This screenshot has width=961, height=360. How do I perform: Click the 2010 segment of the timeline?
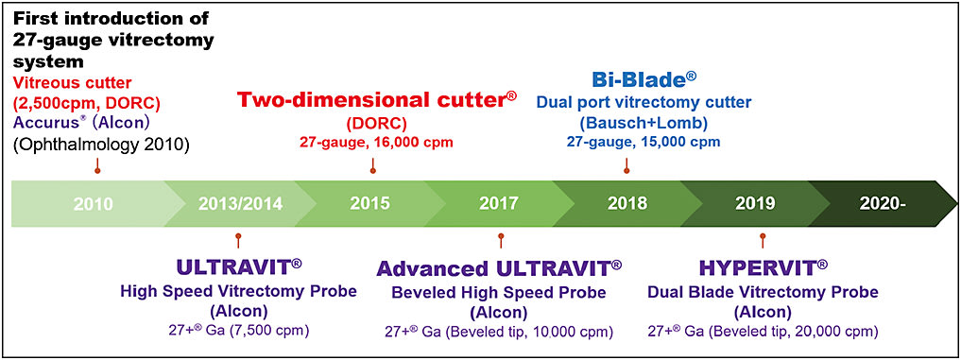tap(93, 203)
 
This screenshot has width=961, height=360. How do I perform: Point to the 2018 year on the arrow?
tap(626, 203)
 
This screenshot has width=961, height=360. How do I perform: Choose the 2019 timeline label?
tap(756, 203)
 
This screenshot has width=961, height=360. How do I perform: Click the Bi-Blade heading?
tap(624, 77)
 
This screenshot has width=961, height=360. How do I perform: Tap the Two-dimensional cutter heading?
tap(376, 100)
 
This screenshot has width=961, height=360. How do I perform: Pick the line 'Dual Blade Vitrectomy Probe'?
tap(764, 291)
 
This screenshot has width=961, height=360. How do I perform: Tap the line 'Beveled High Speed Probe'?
tap(497, 291)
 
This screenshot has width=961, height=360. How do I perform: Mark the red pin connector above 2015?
tap(374, 166)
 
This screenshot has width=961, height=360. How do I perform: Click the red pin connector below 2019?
tap(763, 238)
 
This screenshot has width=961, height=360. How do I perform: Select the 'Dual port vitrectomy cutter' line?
tap(630, 101)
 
